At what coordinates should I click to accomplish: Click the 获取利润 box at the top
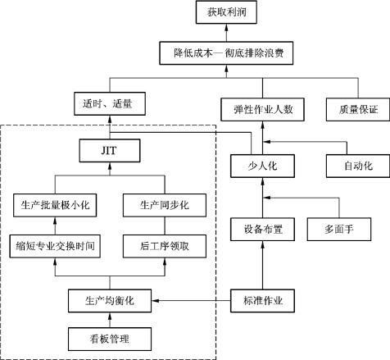pyautogui.click(x=226, y=12)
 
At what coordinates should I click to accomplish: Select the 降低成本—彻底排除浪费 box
pyautogui.click(x=226, y=53)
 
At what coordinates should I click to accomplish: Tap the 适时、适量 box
pyautogui.click(x=110, y=103)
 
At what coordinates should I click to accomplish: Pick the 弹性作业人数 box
pyautogui.click(x=262, y=109)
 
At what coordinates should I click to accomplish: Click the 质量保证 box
pyautogui.click(x=358, y=109)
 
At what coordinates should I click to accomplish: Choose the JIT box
pyautogui.click(x=110, y=151)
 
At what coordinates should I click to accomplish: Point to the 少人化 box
pyautogui.click(x=262, y=166)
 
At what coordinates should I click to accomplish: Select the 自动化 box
pyautogui.click(x=358, y=166)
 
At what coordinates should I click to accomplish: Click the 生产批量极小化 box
pyautogui.click(x=55, y=205)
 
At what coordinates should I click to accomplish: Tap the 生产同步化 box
pyautogui.click(x=165, y=205)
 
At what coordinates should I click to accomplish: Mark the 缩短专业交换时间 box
pyautogui.click(x=55, y=246)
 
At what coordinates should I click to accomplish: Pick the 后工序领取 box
pyautogui.click(x=165, y=246)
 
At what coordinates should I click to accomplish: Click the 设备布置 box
pyautogui.click(x=262, y=230)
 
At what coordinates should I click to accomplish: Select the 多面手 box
pyautogui.click(x=339, y=230)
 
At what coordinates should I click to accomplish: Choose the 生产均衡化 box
pyautogui.click(x=110, y=301)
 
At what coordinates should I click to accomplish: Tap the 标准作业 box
pyautogui.click(x=262, y=301)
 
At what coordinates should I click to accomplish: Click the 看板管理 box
pyautogui.click(x=110, y=339)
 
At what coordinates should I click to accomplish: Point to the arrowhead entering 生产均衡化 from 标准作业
pyautogui.click(x=155, y=301)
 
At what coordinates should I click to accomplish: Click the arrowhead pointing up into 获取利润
pyautogui.click(x=226, y=27)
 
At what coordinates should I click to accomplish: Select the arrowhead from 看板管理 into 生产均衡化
pyautogui.click(x=110, y=316)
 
